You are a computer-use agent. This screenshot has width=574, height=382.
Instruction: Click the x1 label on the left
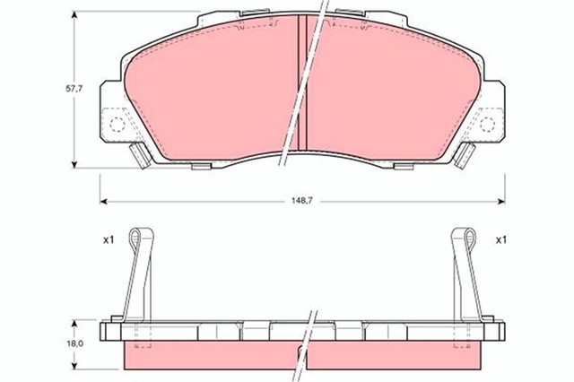[x=109, y=240]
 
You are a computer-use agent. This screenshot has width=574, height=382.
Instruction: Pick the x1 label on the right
[x=500, y=240]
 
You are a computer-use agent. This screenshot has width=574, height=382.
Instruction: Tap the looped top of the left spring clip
[x=136, y=237]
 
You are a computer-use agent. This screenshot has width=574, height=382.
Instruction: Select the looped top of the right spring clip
[x=466, y=237]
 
